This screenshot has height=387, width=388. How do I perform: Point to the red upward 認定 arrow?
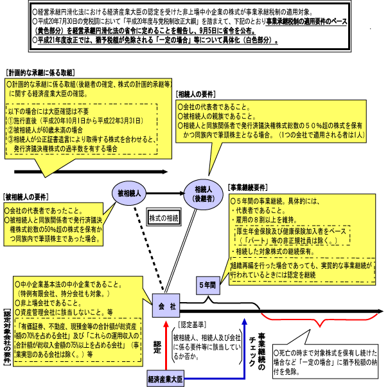[x=168, y=345]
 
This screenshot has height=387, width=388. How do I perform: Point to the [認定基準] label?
[x=191, y=325]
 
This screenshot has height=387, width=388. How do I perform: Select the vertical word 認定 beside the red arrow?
[x=157, y=347]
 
